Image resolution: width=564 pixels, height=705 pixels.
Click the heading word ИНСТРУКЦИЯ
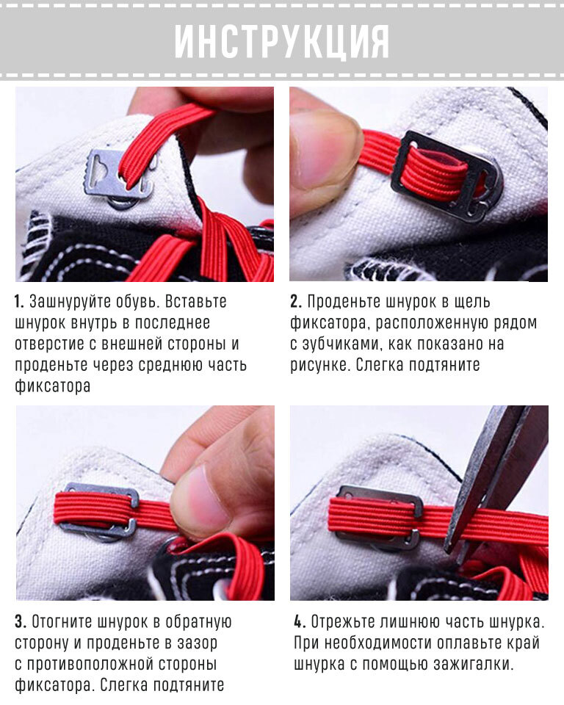click(x=282, y=41)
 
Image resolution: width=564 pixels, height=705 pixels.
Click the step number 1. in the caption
click(x=19, y=302)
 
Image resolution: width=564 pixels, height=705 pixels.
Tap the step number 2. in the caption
click(x=296, y=302)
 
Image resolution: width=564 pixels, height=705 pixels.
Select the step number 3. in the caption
click(x=21, y=622)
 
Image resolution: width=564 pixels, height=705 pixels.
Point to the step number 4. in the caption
click(x=300, y=622)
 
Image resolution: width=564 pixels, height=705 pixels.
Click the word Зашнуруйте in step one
click(x=70, y=302)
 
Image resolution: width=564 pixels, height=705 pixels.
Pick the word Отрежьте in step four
click(x=344, y=622)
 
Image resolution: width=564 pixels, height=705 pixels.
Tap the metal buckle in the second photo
click(x=444, y=176)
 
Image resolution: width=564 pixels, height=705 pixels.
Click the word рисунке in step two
click(x=319, y=365)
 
